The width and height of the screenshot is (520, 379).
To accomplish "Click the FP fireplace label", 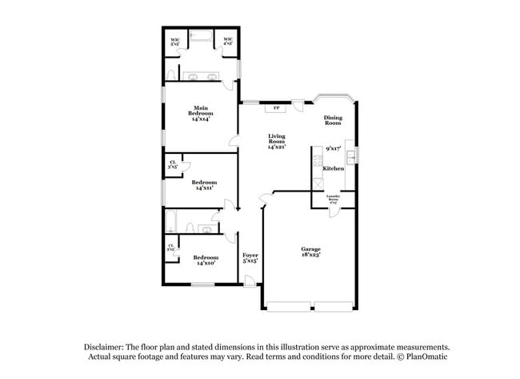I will pos(277,107).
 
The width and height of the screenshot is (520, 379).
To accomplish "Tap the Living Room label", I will pos(277,142).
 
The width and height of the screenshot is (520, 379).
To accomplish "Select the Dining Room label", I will pos(333,121).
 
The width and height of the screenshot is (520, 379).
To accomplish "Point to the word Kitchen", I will pos(334,168).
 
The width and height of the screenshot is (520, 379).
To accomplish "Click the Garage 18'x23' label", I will pos(310,252).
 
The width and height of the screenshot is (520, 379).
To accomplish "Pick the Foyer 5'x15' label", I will pos(250,257).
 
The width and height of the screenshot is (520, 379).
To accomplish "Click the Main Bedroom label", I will pos(200,113).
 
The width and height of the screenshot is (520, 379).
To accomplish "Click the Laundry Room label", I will pos(334,198).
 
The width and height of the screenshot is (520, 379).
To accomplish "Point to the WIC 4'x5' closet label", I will pos(228,42).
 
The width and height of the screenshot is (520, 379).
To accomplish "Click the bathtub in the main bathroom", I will pos(201,37).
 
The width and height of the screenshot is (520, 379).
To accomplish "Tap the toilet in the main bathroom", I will pos(171,75).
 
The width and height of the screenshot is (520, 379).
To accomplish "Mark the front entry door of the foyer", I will pos(250,281).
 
